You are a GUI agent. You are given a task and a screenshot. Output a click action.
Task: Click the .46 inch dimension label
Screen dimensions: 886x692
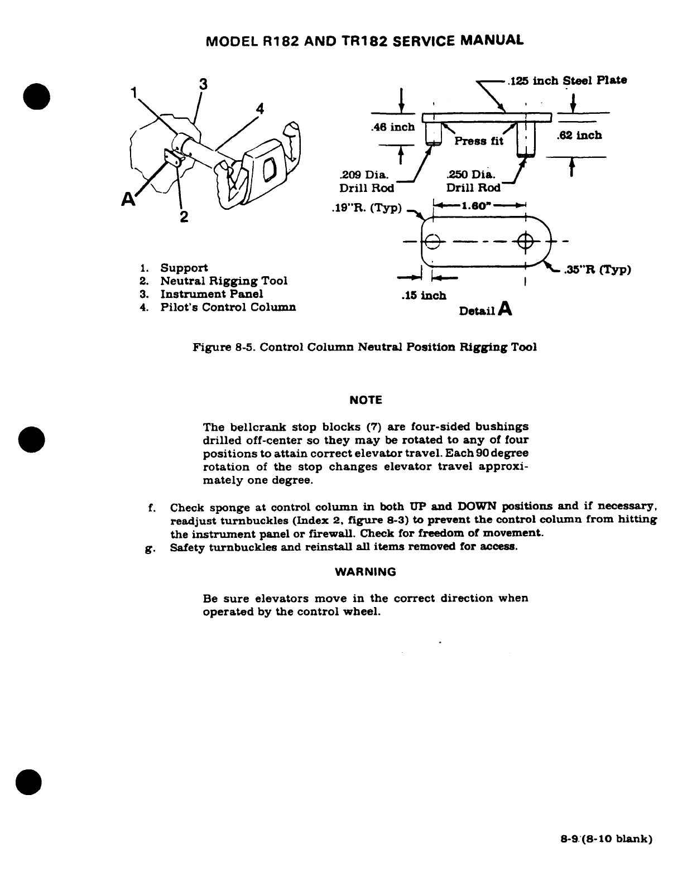[x=393, y=127]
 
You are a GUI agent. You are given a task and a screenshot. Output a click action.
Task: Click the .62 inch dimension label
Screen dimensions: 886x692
[x=580, y=136]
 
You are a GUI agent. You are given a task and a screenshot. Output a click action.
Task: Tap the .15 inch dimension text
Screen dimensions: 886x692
[x=424, y=295]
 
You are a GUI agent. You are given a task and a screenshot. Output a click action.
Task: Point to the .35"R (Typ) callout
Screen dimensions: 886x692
[x=598, y=271]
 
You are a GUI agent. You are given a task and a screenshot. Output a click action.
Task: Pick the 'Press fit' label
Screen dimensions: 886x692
[x=479, y=141]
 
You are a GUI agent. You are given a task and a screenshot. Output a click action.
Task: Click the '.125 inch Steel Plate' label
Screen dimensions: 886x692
[x=566, y=80]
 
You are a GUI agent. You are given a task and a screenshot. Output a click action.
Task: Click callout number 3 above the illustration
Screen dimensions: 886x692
[x=203, y=84]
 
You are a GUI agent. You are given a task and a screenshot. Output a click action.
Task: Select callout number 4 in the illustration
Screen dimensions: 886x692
[x=259, y=108]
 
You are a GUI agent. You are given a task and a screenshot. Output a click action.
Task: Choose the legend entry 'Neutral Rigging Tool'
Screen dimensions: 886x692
[x=224, y=281]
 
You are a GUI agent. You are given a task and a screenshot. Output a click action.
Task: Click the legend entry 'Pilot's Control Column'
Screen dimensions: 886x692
[x=228, y=307]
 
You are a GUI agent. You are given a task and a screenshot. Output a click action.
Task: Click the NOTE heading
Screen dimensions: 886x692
[x=366, y=400]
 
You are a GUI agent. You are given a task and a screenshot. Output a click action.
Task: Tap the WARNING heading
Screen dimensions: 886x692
[x=366, y=572]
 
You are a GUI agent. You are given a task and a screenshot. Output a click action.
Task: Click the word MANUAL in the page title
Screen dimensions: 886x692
[x=493, y=41]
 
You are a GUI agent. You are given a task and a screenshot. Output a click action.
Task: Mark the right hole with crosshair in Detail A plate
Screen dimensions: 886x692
[x=525, y=242]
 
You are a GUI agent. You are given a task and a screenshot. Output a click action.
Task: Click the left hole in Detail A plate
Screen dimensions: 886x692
[x=433, y=242]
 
